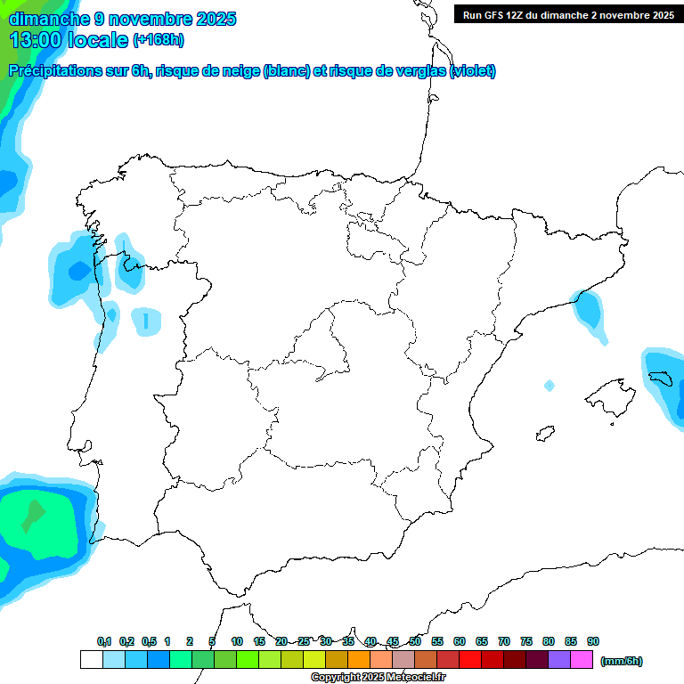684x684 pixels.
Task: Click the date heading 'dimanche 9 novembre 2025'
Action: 122,19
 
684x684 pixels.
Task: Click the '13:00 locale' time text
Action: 68,39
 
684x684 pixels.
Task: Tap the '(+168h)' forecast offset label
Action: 158,39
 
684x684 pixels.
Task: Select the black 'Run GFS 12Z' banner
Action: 568,15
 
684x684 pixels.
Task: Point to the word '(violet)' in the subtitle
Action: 473,71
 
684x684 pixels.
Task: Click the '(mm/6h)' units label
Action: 622,661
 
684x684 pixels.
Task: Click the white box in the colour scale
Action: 91,660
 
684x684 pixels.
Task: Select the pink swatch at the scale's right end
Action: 582,660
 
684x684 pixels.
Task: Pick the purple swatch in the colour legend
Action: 559,660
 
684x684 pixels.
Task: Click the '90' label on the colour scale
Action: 593,641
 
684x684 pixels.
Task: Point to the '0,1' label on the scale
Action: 104,641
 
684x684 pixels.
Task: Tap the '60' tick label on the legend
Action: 460,641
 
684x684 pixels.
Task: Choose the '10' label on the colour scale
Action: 237,641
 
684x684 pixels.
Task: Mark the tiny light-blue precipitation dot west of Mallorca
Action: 550,386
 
